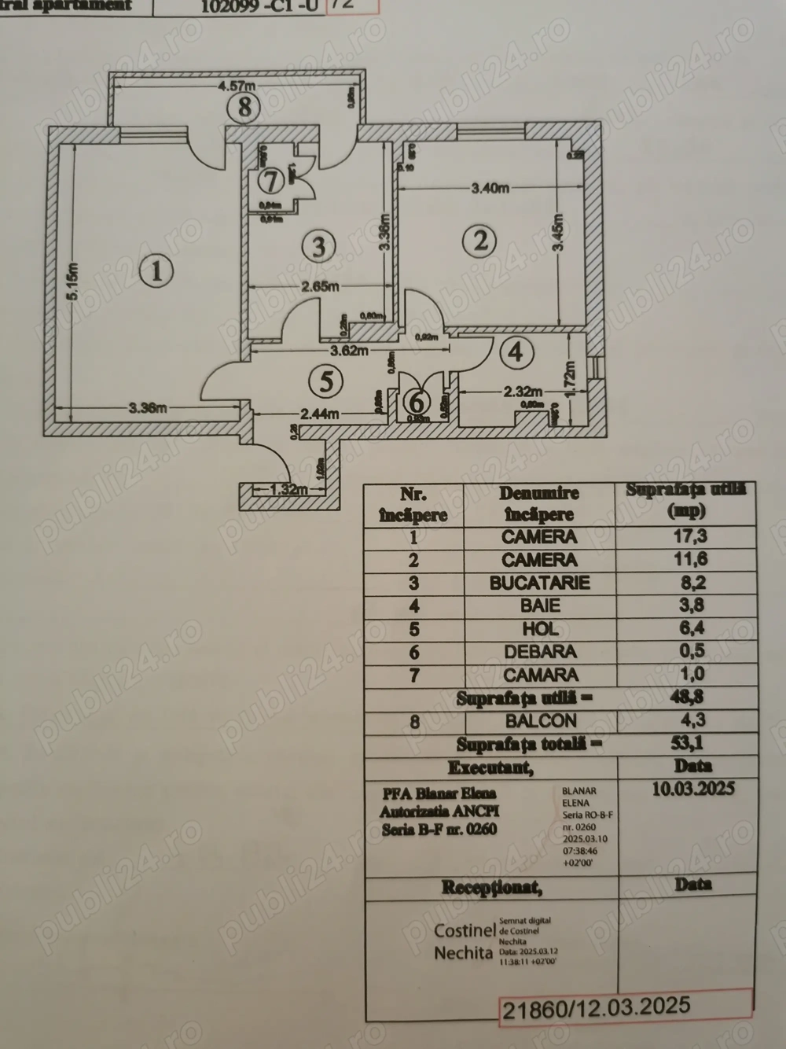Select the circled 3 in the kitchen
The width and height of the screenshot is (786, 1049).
point(318,246)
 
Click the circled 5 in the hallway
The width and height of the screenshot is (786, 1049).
point(326,381)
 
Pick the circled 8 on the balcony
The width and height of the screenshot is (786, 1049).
point(244,106)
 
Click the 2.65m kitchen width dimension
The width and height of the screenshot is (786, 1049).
point(319,287)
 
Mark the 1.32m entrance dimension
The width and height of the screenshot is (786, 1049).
point(285,489)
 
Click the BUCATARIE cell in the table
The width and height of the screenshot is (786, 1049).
point(539,583)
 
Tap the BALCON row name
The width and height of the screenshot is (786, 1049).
point(539,720)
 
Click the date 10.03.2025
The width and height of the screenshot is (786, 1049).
point(692,789)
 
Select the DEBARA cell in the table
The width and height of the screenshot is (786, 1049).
point(539,651)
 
